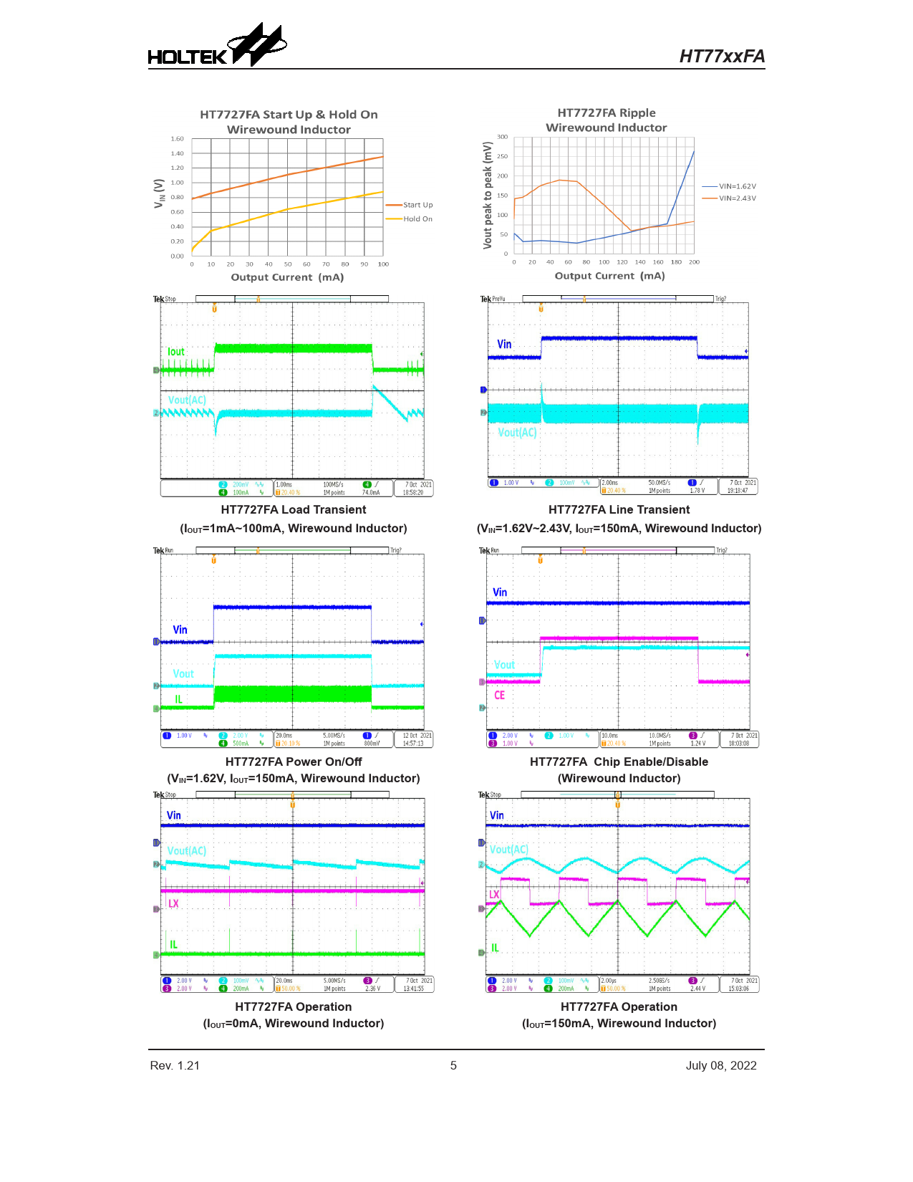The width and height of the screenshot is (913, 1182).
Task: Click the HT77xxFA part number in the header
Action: point(722,57)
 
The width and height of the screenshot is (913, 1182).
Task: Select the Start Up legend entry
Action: point(417,205)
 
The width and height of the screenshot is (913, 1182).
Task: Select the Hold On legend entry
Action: point(417,219)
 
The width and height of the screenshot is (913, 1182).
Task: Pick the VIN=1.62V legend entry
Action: point(737,186)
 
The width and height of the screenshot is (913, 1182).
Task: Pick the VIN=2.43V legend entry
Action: point(737,198)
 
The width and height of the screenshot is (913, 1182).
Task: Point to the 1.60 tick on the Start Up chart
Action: point(178,139)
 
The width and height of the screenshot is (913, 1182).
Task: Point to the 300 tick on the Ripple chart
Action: point(503,137)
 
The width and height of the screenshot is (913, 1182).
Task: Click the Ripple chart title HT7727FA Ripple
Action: point(607,113)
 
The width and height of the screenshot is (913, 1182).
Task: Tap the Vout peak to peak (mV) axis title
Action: point(488,196)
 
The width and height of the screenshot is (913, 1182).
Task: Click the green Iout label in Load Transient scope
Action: point(176,352)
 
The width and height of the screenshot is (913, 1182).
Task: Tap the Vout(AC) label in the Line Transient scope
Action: point(517,433)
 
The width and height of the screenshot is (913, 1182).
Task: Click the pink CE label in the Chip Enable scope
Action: point(499,696)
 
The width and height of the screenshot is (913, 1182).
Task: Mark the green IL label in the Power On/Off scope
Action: point(178,699)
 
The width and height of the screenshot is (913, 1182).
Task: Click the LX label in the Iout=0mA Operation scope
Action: point(173,903)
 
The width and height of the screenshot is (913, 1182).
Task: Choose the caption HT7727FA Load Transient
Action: point(294,510)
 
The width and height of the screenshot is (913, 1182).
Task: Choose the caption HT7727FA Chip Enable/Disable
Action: point(619,762)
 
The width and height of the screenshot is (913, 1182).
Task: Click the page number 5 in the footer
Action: point(453,1066)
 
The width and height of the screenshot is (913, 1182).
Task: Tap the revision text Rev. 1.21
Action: point(175,1066)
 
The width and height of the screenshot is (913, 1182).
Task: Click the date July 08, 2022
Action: point(721,1066)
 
